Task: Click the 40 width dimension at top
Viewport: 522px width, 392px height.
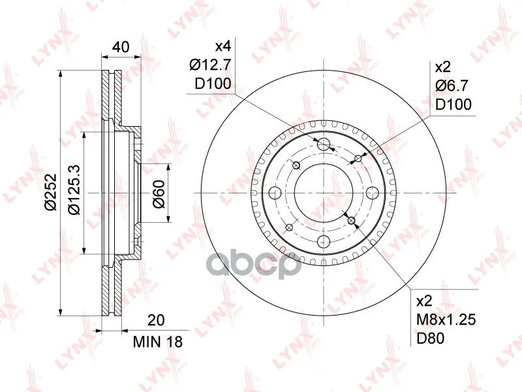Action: pos(121,47)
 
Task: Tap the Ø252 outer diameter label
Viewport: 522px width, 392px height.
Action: pos(52,191)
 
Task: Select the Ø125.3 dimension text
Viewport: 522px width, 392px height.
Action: pos(74,189)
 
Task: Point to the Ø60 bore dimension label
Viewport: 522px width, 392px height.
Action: pos(159,194)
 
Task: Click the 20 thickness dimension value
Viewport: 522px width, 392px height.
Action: pos(156,320)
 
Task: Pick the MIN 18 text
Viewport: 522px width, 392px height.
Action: pos(158,342)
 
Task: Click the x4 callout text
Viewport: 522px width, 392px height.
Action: pos(223,46)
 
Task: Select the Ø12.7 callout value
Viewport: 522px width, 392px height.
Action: pos(210,65)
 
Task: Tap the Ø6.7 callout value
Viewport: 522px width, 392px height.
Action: pos(452,86)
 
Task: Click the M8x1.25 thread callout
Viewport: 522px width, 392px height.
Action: pos(446,319)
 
